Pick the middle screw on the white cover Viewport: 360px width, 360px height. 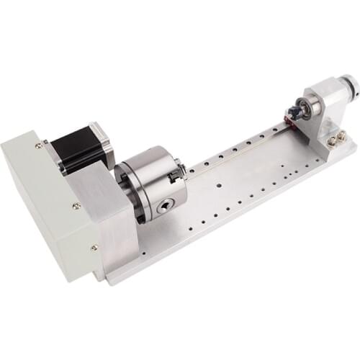point(76,206)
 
